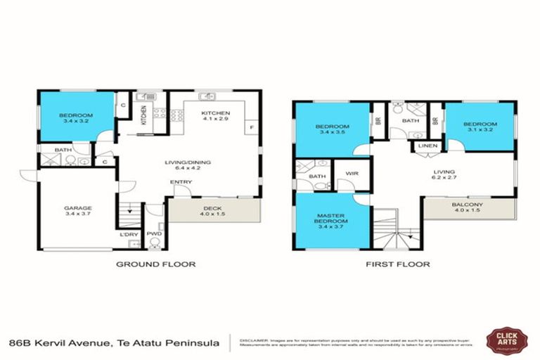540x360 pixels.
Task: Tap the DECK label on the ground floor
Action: click(213, 208)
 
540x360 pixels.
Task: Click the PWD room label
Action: click(155, 234)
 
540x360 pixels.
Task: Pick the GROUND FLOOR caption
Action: click(155, 264)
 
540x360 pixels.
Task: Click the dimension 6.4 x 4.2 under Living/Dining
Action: click(188, 169)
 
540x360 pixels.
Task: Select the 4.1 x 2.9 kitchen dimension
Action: click(215, 120)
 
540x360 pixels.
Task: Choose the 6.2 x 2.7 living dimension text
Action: click(444, 179)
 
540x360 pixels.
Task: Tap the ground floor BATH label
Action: click(63, 149)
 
